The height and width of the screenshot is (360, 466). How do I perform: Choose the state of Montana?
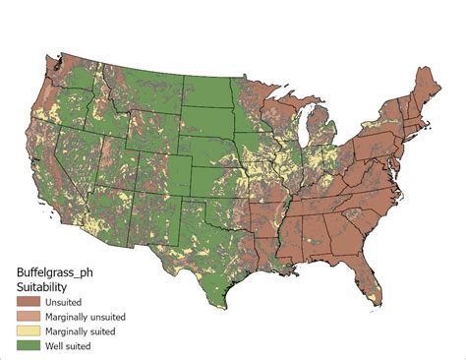coord(146,87)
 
